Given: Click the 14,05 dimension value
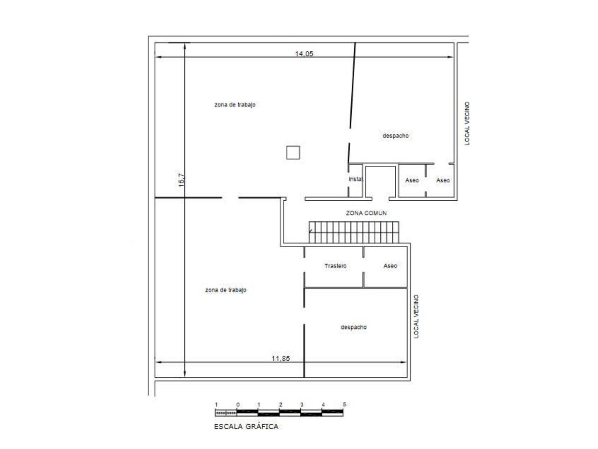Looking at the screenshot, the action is point(304,54).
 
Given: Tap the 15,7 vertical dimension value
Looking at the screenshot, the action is point(182,180).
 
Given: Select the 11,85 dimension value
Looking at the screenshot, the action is point(281,358).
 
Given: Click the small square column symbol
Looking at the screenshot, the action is point(293,152).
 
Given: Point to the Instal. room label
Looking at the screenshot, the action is point(356,179).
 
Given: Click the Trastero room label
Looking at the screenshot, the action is point(335,266).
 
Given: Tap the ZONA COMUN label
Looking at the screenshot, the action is point(366,213).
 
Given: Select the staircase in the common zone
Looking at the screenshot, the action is point(354,232).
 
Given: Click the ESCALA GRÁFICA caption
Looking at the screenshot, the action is point(246,427).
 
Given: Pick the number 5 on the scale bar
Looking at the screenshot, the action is point(344,404).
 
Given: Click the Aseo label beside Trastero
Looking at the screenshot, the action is point(390,266).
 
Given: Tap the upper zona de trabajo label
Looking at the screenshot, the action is point(235,104).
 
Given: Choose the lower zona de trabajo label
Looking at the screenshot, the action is point(226,290).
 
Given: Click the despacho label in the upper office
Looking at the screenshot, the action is point(396,136).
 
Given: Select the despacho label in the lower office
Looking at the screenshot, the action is point(354,327).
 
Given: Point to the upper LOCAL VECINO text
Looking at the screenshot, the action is point(467,123).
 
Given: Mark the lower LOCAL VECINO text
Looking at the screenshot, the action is point(416,316).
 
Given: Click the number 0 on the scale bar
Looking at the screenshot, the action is point(238,405).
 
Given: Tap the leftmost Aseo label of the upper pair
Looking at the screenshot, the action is point(412,180).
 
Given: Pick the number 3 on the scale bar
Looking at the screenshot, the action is point(302,405).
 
